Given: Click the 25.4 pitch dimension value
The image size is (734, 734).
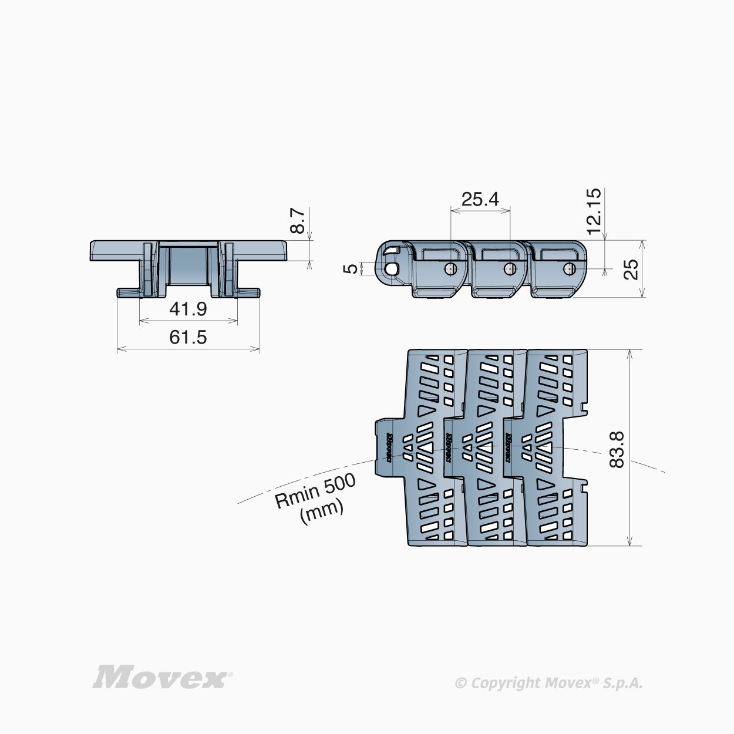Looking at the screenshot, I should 480,199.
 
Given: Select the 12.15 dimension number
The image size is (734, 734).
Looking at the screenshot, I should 594,210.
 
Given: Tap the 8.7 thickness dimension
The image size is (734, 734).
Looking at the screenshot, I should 299,220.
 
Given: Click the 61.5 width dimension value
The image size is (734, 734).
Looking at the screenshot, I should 188,337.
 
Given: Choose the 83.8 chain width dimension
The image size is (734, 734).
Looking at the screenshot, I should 616,449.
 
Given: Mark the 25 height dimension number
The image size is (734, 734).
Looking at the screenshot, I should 630,270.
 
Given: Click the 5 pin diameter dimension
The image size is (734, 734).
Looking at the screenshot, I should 351,268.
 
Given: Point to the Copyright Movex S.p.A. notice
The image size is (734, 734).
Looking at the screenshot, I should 549,682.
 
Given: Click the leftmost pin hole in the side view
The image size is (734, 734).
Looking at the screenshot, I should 391,268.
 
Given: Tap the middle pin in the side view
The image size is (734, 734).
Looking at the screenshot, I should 509,268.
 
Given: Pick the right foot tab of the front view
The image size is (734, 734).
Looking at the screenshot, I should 249,291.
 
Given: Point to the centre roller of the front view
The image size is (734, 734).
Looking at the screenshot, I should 188,267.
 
